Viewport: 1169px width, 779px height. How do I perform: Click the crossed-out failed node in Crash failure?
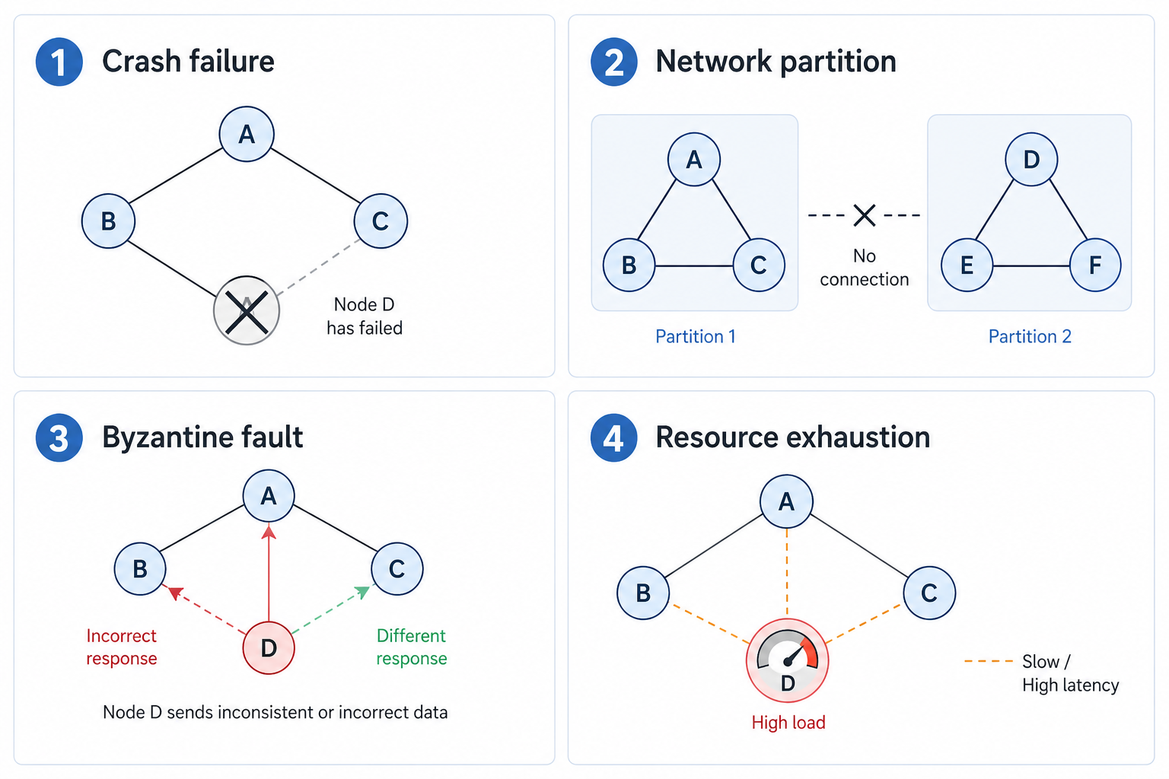[x=247, y=310]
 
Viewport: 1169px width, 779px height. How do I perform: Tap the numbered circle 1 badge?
[x=59, y=62]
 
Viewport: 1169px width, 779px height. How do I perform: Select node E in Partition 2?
[x=967, y=265]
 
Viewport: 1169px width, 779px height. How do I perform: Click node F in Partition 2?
[x=1095, y=265]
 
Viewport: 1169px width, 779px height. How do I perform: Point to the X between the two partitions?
[x=865, y=215]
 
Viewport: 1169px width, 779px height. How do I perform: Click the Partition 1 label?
[x=695, y=336]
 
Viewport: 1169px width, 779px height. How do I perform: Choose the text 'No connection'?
[x=865, y=268]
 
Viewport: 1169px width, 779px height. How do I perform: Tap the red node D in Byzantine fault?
[x=269, y=648]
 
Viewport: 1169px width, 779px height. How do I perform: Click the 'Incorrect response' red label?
[x=122, y=647]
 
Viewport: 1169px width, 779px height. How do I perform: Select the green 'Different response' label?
[x=412, y=647]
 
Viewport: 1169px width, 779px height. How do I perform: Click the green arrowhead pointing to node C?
[x=363, y=592]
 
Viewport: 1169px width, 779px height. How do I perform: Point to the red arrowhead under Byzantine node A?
[x=269, y=532]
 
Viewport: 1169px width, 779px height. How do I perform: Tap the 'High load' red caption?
[x=788, y=723]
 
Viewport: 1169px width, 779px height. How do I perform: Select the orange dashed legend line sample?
[x=988, y=661]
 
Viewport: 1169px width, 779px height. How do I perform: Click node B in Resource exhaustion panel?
[x=643, y=593]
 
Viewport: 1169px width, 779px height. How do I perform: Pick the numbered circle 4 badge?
[x=613, y=438]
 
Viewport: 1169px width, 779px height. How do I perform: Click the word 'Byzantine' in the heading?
[x=167, y=437]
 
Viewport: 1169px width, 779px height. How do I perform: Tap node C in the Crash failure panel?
[x=381, y=221]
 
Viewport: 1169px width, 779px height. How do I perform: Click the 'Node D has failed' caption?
[x=365, y=316]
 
